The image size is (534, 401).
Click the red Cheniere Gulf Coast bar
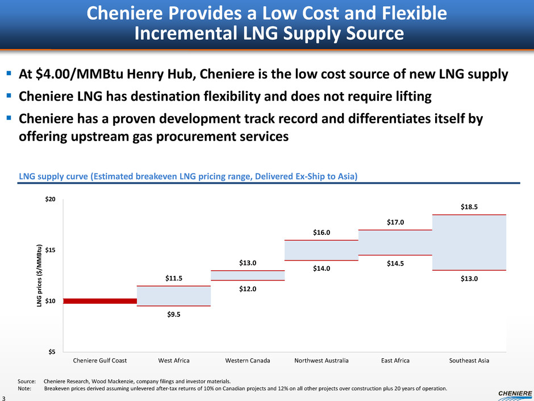[100, 301]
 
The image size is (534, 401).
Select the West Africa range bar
[174, 296]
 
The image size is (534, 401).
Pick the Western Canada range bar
[248, 275]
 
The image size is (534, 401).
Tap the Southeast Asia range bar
[469, 242]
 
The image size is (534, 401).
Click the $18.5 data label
[469, 208]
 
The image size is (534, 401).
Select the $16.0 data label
[322, 233]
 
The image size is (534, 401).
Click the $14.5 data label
[395, 263]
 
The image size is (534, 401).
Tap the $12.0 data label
[248, 289]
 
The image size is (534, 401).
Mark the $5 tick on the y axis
[51, 352]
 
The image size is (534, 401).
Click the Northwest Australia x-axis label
[322, 361]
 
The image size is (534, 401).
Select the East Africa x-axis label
[395, 361]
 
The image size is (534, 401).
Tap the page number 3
[4, 396]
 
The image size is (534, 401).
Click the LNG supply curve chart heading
[188, 176]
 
